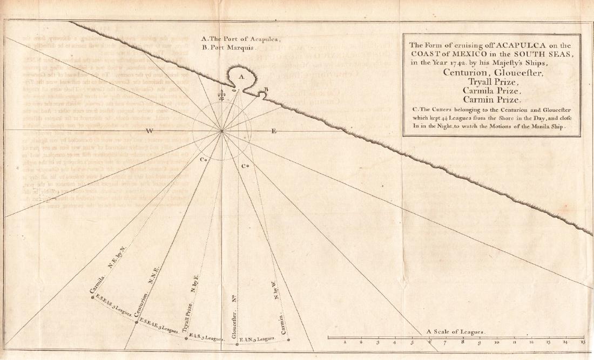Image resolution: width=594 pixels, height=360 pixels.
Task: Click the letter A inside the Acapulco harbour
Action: [x=241, y=78]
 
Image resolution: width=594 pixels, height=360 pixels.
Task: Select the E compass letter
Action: [x=273, y=131]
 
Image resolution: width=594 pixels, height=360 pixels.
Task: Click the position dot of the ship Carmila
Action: [x=92, y=296]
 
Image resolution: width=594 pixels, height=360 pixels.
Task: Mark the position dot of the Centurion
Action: [x=136, y=322]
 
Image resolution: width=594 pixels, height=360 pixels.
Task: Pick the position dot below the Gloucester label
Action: [x=237, y=344]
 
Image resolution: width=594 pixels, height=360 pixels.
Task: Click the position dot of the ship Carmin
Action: [x=289, y=339]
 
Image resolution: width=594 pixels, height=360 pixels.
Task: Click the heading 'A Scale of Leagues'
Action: [x=456, y=331]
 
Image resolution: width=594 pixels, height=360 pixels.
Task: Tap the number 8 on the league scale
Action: [x=463, y=342]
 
